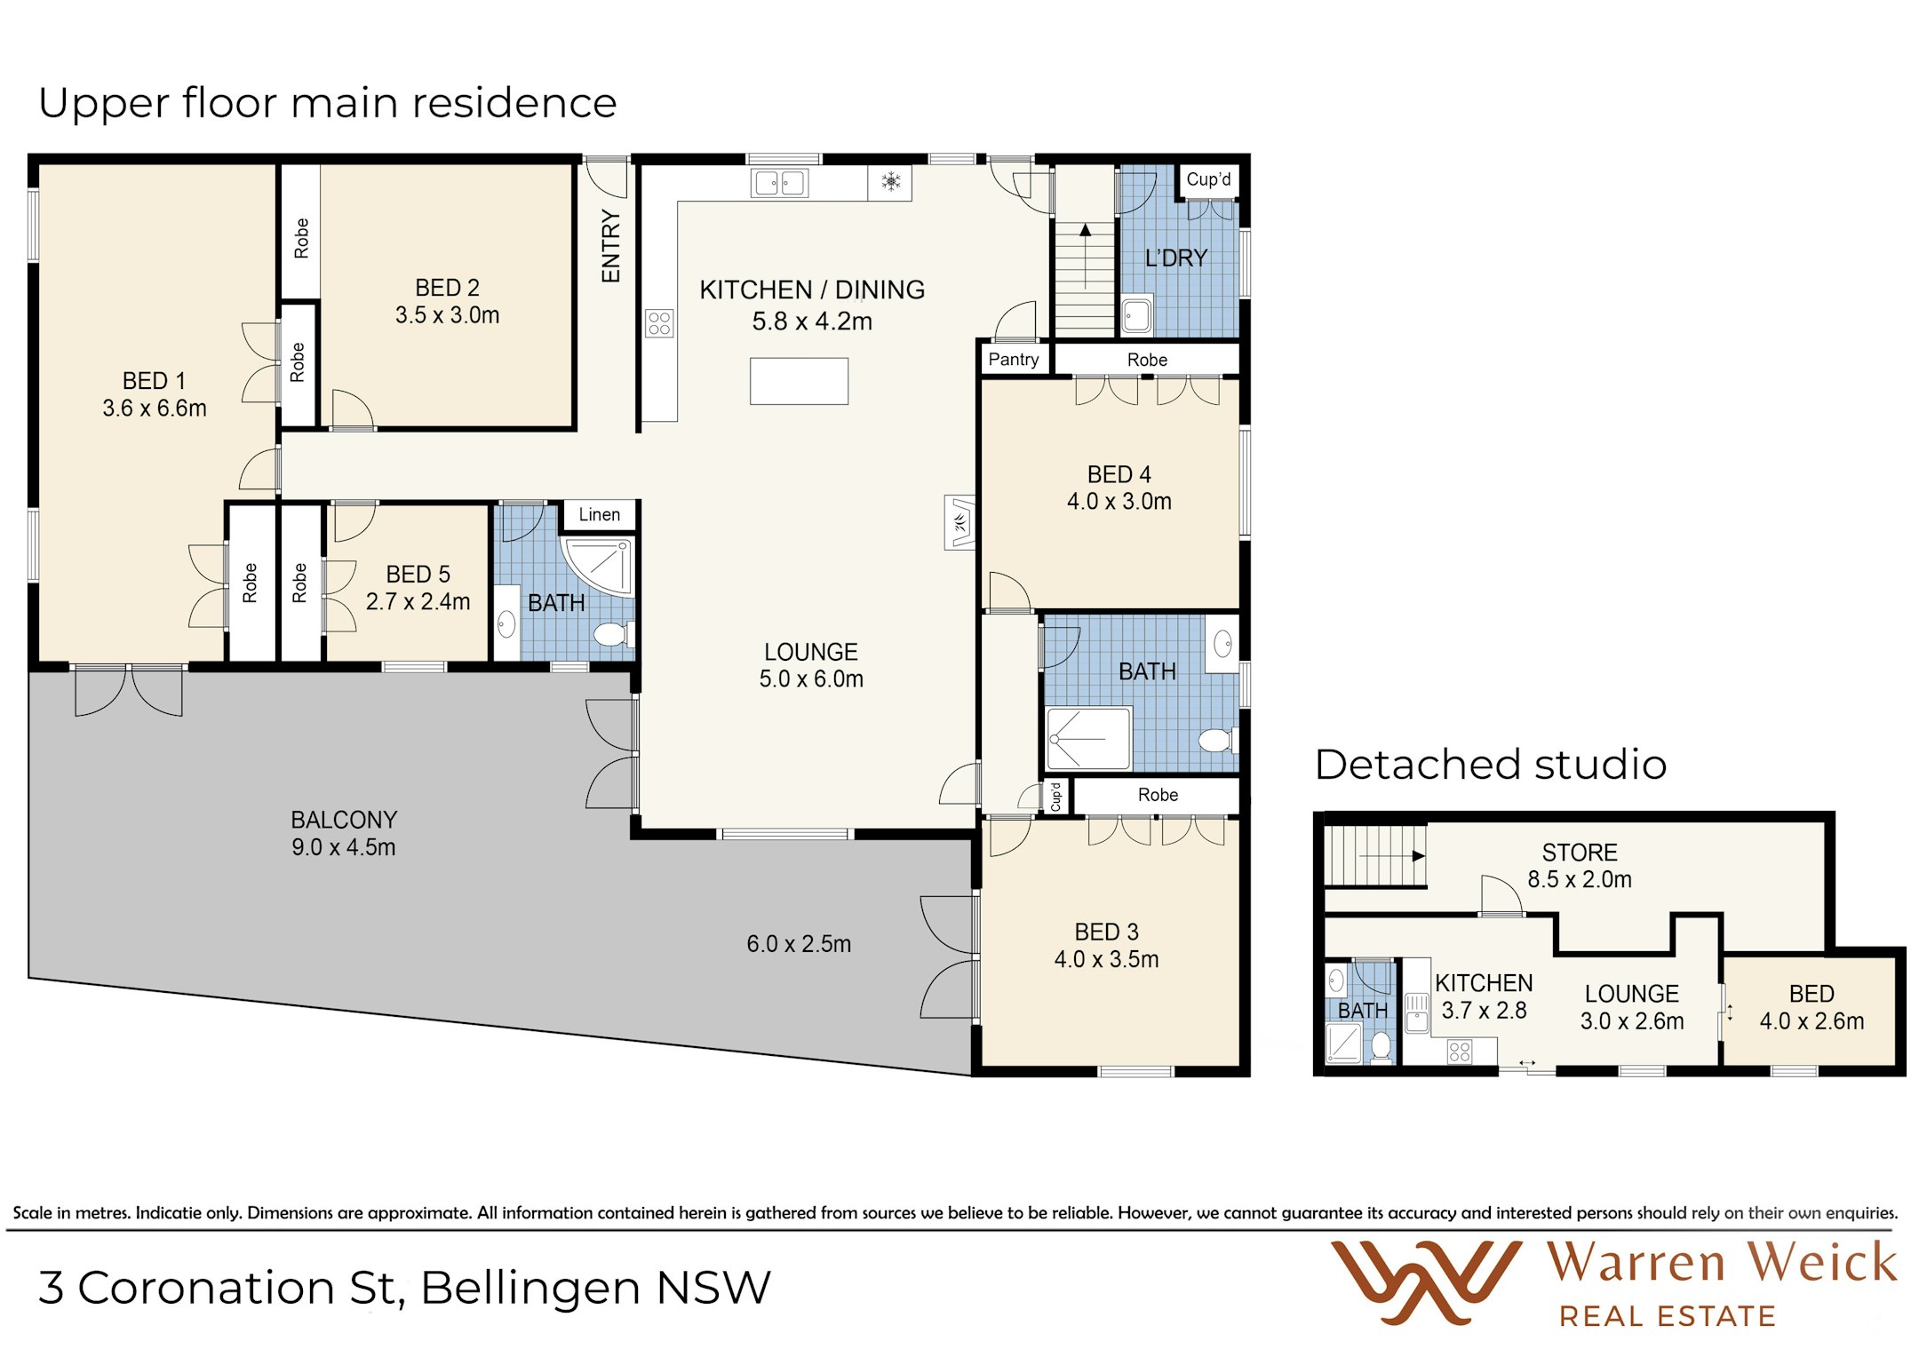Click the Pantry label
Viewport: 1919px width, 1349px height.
point(1013,360)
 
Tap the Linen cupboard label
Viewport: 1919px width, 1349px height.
point(600,515)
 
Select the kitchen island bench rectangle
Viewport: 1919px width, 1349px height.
point(799,381)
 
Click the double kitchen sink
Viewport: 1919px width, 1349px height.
point(779,183)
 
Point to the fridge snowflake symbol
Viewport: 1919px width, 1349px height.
point(890,182)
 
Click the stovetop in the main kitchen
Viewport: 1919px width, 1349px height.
point(659,323)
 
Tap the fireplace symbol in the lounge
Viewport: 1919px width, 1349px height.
point(960,522)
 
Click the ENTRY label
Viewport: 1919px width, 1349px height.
point(610,246)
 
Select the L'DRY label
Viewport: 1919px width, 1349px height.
point(1176,258)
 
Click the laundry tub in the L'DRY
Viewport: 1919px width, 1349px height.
point(1136,314)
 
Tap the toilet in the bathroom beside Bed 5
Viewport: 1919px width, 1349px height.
point(613,634)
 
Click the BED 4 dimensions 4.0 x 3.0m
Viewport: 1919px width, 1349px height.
point(1119,502)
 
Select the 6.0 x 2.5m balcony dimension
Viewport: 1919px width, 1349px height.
point(799,944)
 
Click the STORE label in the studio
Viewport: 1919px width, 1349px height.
point(1580,853)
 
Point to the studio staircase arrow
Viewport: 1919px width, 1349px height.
point(1392,856)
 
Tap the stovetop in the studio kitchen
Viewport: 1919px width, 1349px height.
point(1460,1052)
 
